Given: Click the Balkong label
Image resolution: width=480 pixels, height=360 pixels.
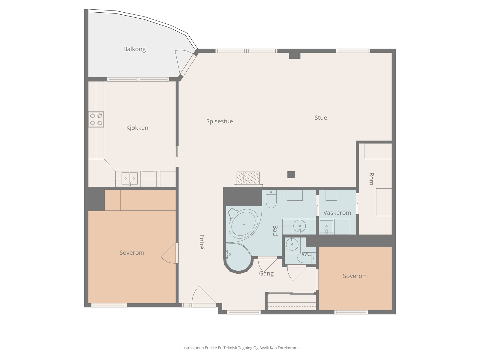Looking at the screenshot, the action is [x=134, y=49].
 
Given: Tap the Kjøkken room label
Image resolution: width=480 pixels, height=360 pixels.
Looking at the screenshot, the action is [x=137, y=128].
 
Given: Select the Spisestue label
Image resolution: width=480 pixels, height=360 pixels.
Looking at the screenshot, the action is [x=219, y=121].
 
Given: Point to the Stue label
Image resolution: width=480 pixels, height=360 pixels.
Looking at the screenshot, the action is [x=321, y=118].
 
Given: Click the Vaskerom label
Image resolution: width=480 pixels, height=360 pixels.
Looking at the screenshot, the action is [x=337, y=213].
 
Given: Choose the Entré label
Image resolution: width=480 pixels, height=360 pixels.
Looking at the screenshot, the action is [x=202, y=242].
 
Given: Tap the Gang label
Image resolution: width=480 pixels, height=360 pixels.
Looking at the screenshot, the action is [x=266, y=274].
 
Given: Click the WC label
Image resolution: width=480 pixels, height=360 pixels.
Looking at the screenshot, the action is [x=306, y=254].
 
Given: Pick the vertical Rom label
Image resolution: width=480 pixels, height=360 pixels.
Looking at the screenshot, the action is [x=371, y=179].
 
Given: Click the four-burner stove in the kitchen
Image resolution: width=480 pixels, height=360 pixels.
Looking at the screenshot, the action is [x=96, y=119].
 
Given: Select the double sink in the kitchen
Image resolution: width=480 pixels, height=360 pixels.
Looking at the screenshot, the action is [x=130, y=178].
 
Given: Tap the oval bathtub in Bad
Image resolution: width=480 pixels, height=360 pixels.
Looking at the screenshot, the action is [x=243, y=224].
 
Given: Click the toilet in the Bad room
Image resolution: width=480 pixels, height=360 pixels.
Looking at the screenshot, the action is [x=271, y=199].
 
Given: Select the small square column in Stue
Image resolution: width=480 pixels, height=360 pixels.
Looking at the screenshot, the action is [x=291, y=174].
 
